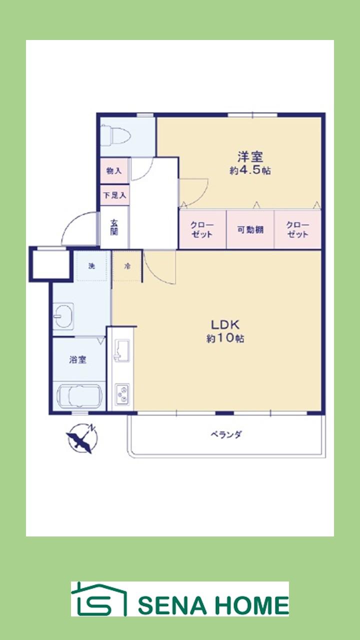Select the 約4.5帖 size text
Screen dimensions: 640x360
(x=250, y=170)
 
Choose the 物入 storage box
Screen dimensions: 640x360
(x=114, y=170)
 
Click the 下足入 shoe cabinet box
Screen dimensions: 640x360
(x=114, y=194)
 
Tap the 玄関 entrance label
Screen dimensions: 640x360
(x=114, y=227)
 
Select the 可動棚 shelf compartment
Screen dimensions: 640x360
(x=250, y=230)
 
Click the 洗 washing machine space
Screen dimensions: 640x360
(x=92, y=266)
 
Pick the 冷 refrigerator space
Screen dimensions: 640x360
(x=127, y=266)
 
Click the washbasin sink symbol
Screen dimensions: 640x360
(x=63, y=316)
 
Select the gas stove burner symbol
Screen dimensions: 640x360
(x=122, y=395)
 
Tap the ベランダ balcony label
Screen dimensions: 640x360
(x=225, y=434)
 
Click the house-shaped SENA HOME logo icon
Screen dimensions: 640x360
(x=98, y=599)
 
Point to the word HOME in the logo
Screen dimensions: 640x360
(x=253, y=605)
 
